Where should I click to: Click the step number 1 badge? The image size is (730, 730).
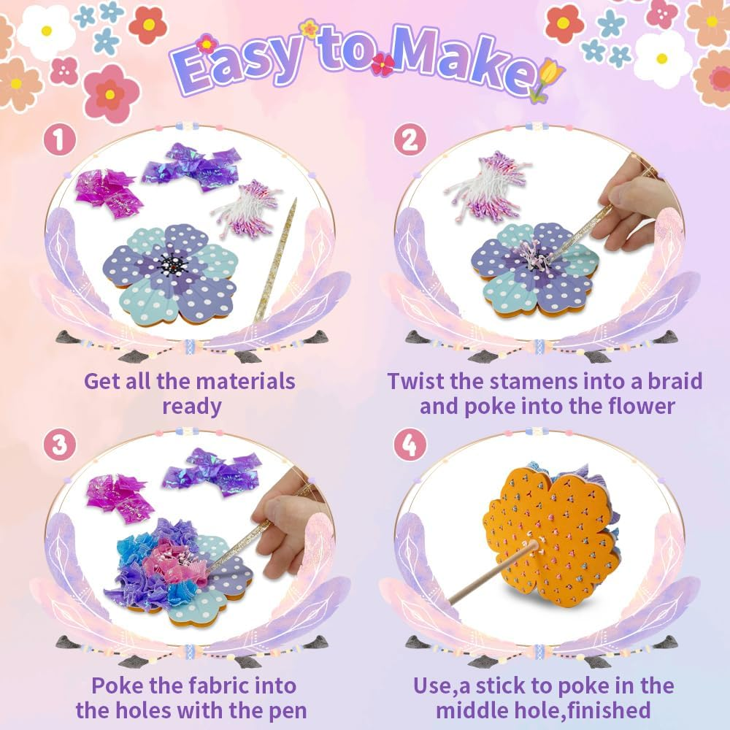(x=59, y=141)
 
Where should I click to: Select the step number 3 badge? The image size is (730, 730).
(x=59, y=445)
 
